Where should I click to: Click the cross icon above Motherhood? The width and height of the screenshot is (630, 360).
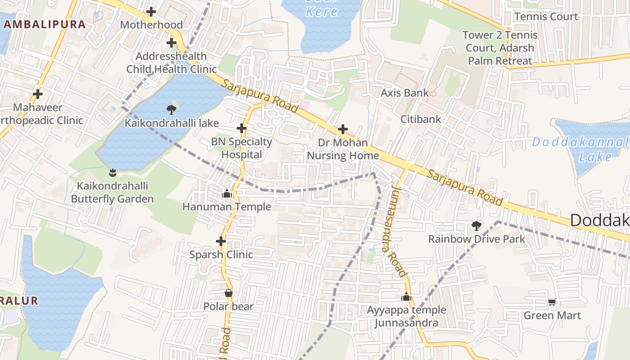pyautogui.click(x=151, y=11)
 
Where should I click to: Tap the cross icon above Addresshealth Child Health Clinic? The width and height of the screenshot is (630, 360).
pyautogui.click(x=171, y=43)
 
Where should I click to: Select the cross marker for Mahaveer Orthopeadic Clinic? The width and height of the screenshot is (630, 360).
pyautogui.click(x=38, y=94)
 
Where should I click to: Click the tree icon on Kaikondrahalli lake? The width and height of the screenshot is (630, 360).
pyautogui.click(x=171, y=109)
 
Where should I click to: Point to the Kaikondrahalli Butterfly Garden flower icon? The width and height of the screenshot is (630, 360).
pyautogui.click(x=112, y=172)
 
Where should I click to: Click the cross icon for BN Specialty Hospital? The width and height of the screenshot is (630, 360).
pyautogui.click(x=242, y=128)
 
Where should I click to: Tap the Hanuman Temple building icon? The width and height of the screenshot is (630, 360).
pyautogui.click(x=227, y=193)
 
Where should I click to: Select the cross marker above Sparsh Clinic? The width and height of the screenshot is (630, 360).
pyautogui.click(x=220, y=241)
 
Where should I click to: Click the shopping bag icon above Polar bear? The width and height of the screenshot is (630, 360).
pyautogui.click(x=229, y=293)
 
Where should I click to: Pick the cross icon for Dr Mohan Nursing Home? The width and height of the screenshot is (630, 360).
pyautogui.click(x=343, y=130)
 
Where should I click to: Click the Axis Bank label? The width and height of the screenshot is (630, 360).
pyautogui.click(x=405, y=93)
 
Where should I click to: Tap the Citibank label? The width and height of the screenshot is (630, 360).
pyautogui.click(x=421, y=119)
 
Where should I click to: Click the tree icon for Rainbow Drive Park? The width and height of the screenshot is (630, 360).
pyautogui.click(x=476, y=225)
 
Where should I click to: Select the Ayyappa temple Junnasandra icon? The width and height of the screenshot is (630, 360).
pyautogui.click(x=406, y=297)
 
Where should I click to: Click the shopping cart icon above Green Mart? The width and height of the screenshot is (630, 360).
pyautogui.click(x=552, y=302)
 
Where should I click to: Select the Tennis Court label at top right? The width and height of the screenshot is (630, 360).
pyautogui.click(x=546, y=17)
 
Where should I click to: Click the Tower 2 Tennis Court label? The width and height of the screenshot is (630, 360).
pyautogui.click(x=500, y=48)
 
